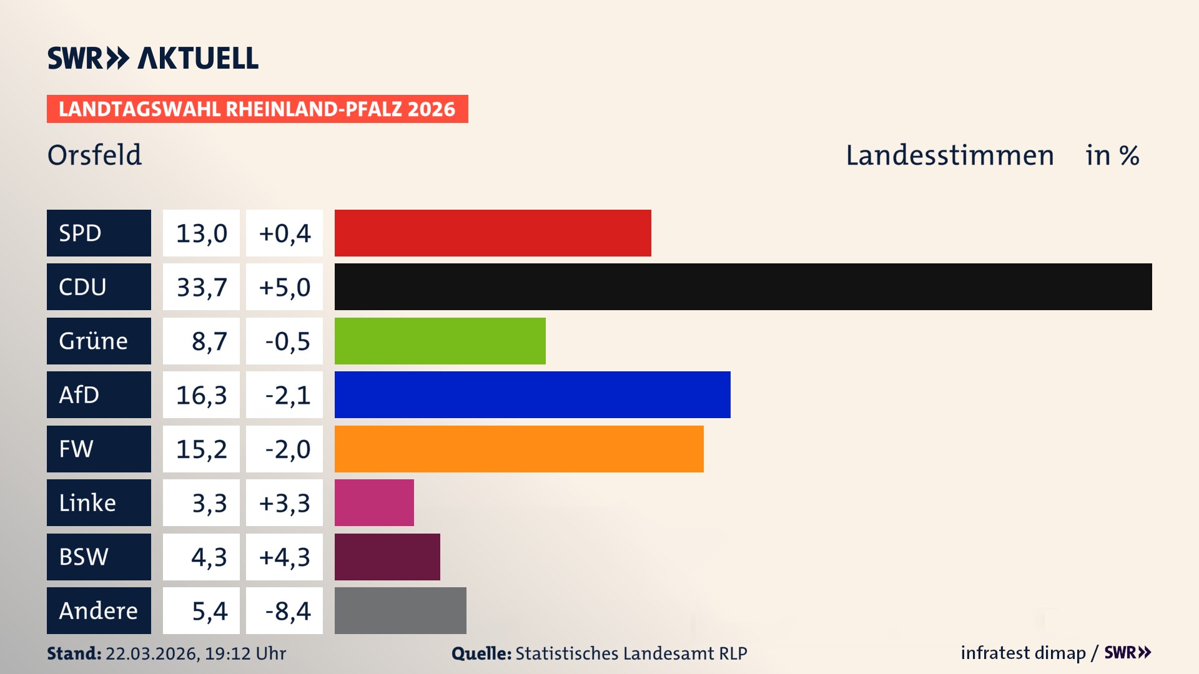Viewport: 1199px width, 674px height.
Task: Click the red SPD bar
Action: (493, 233)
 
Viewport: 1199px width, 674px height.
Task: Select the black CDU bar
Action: (743, 286)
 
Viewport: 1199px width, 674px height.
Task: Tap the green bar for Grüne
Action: (440, 341)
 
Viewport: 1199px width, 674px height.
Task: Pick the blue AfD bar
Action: (532, 394)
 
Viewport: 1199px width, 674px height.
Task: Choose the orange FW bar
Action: (519, 449)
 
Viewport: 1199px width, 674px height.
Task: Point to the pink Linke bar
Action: (374, 502)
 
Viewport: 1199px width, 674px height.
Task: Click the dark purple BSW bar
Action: (387, 557)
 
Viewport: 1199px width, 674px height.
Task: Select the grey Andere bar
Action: (400, 610)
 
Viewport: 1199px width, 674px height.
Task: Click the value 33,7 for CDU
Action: (201, 287)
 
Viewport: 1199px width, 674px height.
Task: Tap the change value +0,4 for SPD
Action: (284, 233)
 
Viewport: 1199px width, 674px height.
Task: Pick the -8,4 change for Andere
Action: (287, 611)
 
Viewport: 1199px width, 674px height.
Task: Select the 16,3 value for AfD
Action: (201, 395)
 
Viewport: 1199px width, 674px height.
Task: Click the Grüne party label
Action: (94, 341)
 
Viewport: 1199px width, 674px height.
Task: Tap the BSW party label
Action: (84, 557)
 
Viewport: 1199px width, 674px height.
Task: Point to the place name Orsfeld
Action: (94, 155)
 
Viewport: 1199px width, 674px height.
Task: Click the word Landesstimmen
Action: (949, 155)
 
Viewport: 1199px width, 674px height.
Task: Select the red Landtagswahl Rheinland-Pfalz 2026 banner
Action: (257, 109)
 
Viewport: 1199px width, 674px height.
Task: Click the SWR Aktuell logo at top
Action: (153, 58)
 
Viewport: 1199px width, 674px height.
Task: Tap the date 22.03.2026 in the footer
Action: (152, 653)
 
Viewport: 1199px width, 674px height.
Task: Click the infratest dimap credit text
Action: (1023, 653)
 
